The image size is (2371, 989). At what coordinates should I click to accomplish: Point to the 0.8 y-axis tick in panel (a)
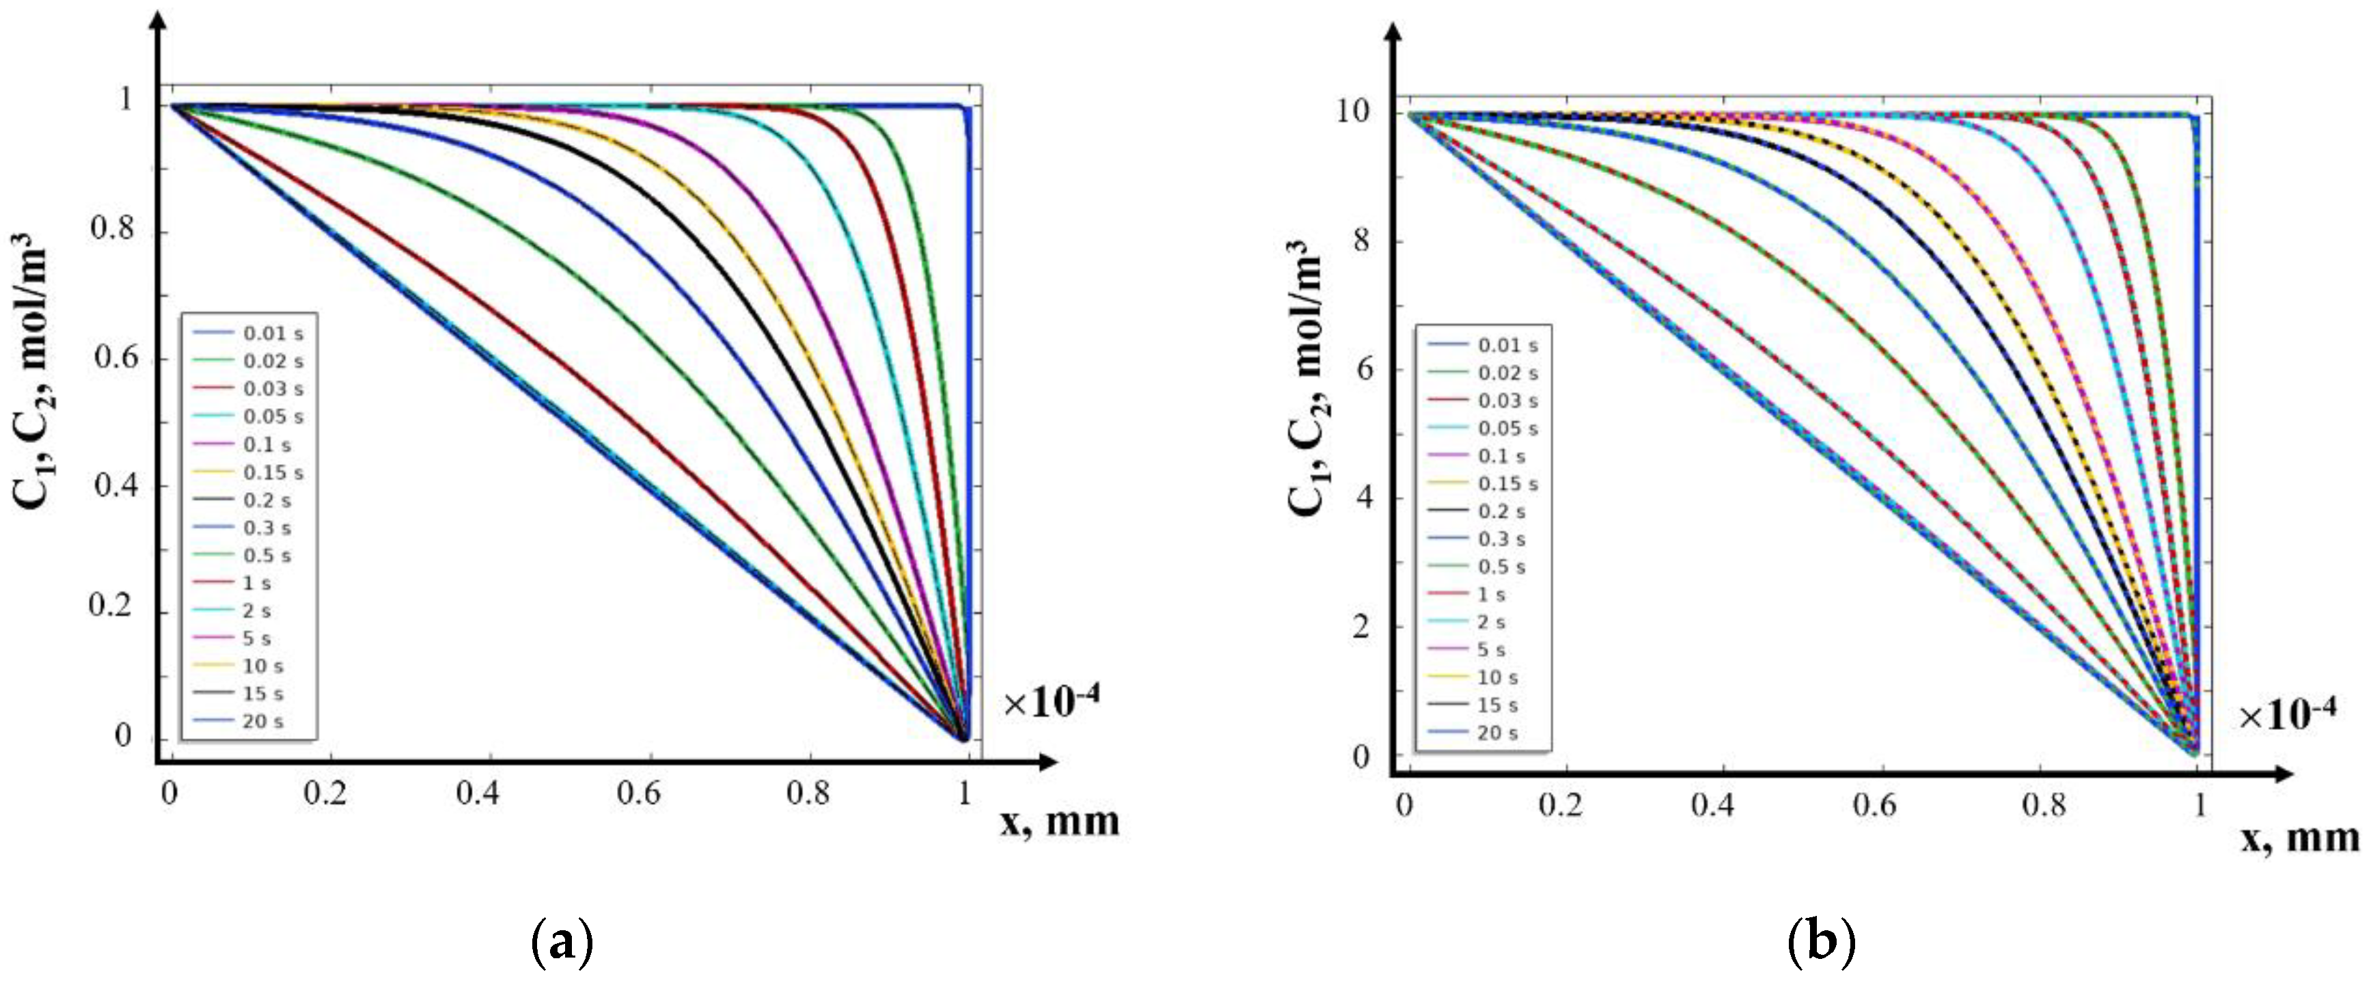112,228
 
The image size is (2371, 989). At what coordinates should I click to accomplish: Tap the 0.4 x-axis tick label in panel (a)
478,793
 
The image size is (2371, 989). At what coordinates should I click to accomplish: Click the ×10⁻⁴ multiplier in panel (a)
1051,703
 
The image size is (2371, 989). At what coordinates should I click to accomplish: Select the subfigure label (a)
562,943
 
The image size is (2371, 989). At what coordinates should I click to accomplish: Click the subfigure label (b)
1820,943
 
